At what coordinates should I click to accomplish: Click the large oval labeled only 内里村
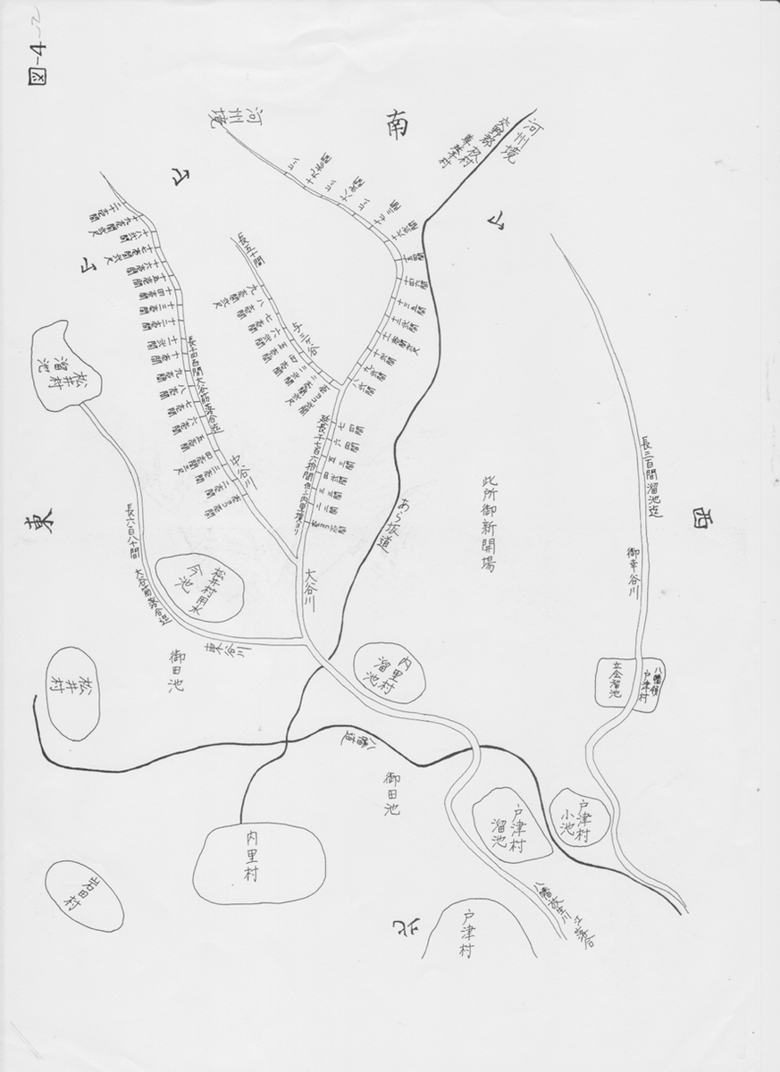259,863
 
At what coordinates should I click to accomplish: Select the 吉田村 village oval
85,895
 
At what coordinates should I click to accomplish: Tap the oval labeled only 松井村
70,692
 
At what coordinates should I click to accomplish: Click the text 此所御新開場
488,522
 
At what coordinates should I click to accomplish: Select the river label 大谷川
310,590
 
